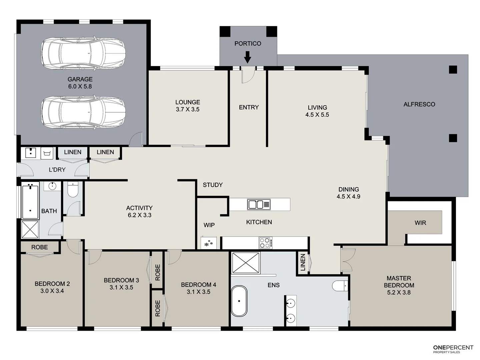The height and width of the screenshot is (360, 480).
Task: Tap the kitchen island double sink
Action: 259,204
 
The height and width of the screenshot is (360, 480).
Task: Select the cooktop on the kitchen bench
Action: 266,243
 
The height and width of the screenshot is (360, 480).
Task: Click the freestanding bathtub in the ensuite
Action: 239,301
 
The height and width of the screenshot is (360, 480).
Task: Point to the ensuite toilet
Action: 340,286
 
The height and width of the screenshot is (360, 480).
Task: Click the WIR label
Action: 420,223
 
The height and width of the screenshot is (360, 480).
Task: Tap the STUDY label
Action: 213,185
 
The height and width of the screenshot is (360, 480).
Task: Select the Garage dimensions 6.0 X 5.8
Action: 80,86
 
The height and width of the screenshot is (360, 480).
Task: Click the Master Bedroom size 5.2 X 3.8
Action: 399,292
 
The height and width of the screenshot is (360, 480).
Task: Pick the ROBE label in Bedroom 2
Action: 39,247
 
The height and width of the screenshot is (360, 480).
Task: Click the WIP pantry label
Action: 209,225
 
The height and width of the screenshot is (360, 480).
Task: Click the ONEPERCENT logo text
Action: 453,347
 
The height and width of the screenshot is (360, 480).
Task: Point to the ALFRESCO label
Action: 419,104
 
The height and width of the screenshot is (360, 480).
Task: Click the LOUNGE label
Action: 188,102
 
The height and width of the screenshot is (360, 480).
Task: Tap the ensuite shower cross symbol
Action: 246,263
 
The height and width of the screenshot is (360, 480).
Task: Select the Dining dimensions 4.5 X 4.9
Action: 348,197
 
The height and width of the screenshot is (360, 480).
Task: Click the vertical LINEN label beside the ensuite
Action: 303,262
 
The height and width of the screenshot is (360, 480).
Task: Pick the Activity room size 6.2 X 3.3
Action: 140,215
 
